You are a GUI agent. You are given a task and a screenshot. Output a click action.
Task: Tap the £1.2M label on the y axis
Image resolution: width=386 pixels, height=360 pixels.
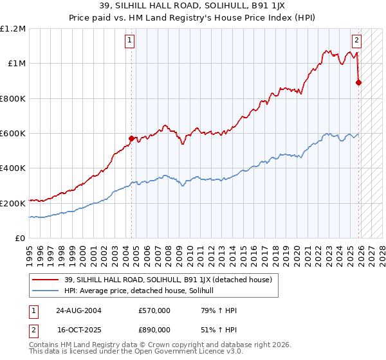click(14, 29)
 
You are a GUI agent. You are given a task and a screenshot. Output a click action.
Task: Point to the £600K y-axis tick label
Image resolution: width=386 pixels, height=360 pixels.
click(13, 134)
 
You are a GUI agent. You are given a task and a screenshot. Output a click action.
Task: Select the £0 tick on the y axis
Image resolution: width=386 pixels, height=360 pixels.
click(19, 238)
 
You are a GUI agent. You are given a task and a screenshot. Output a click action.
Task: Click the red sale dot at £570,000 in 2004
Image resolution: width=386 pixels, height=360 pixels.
click(131, 138)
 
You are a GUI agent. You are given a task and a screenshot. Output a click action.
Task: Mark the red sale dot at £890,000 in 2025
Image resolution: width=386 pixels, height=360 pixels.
click(359, 82)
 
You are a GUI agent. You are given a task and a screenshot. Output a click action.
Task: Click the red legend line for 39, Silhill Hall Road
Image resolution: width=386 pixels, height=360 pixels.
click(46, 280)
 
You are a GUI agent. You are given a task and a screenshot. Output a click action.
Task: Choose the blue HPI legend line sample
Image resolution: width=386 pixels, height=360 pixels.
click(46, 291)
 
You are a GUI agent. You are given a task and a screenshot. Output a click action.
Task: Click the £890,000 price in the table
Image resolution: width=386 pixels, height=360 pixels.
click(154, 329)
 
